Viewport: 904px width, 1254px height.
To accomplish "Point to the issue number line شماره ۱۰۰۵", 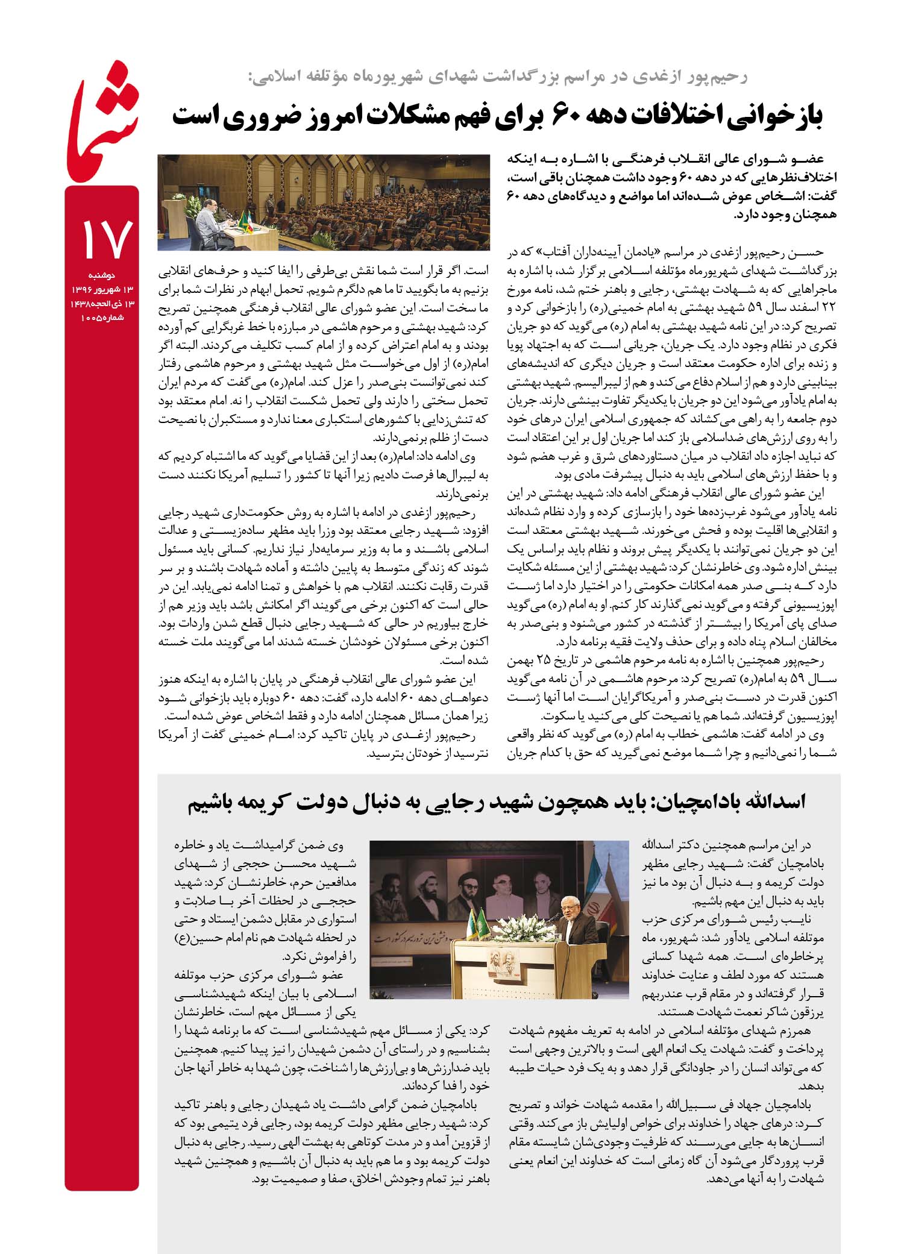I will pyautogui.click(x=104, y=318).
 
